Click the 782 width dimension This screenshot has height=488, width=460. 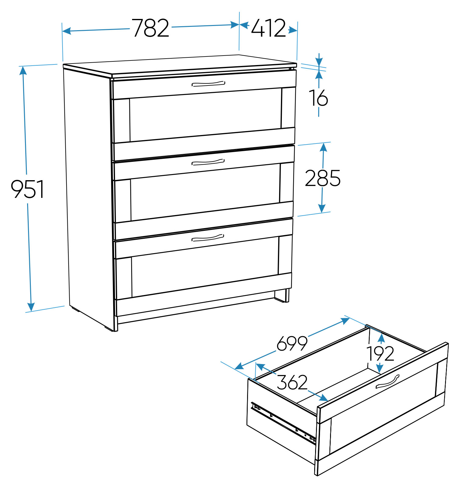coord(150,28)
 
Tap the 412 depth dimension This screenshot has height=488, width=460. coord(268,28)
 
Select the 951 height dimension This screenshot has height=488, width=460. coord(27,189)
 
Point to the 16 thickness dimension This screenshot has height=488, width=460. coord(318,98)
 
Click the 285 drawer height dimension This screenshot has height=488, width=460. coord(323,178)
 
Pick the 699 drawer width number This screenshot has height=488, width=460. coord(292,343)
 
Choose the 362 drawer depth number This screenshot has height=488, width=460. coord(292,382)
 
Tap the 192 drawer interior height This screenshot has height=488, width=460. coord(380,354)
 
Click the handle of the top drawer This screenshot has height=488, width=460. coord(208,84)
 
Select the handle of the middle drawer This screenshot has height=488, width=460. coord(208,162)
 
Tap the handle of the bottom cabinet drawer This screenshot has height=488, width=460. coord(208,238)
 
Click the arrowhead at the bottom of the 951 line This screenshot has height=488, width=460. coord(31,307)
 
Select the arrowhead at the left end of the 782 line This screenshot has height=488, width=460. coord(67,31)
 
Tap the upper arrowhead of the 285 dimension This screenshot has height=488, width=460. coord(324,147)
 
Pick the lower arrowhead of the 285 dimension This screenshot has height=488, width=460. coord(322,208)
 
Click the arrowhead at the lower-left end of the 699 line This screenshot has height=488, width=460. coord(239,366)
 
